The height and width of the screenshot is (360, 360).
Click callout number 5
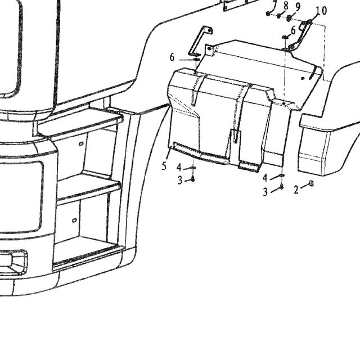(x=164, y=166)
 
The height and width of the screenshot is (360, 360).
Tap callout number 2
(x=296, y=190)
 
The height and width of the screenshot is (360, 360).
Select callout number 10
(x=321, y=11)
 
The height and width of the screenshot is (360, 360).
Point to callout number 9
(x=298, y=7)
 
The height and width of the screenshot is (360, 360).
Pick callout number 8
(x=286, y=6)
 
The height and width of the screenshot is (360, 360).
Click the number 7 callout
(x=275, y=4)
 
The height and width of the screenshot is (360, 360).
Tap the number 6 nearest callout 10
(x=293, y=30)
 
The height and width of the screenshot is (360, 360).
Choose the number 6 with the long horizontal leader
(x=172, y=57)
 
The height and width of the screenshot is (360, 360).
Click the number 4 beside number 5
(x=179, y=168)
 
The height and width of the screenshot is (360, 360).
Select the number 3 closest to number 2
(x=265, y=192)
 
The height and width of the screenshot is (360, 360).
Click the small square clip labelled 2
(x=311, y=183)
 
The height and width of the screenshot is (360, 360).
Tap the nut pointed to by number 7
(x=268, y=13)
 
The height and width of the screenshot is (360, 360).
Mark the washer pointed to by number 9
(x=289, y=18)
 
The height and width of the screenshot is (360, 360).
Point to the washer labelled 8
(x=279, y=16)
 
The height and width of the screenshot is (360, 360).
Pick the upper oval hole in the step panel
(x=81, y=144)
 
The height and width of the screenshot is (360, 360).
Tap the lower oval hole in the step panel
(x=74, y=220)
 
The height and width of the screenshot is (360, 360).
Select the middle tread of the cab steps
(x=88, y=188)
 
